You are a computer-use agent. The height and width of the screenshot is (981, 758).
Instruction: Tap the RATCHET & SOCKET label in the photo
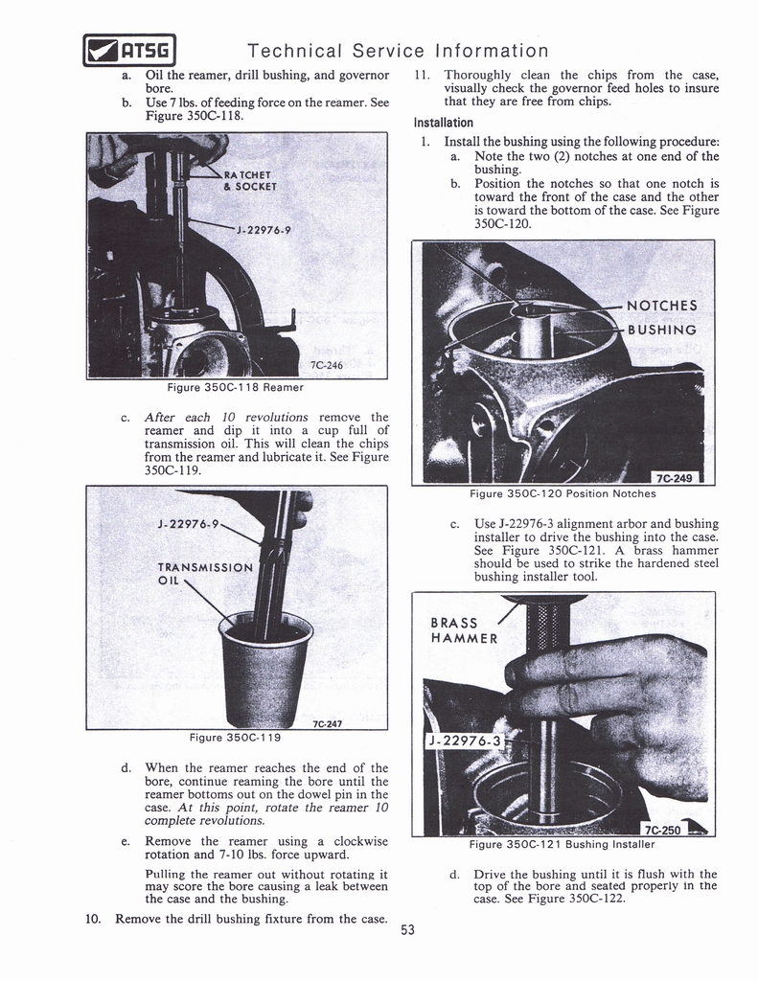pos(250,180)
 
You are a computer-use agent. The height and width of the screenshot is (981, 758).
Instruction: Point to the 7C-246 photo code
pos(327,365)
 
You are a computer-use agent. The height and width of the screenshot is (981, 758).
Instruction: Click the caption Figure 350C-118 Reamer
pos(235,387)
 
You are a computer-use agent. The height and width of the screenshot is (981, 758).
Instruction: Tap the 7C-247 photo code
pos(329,724)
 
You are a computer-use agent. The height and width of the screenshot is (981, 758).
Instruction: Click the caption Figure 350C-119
pos(235,738)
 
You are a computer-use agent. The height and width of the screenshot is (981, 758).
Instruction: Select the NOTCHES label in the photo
pos(661,307)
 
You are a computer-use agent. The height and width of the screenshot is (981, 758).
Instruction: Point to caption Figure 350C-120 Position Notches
pos(563,493)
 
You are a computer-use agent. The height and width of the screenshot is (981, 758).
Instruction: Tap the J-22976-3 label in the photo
pos(465,741)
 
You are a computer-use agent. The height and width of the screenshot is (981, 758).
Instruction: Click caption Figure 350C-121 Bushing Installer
pos(562,845)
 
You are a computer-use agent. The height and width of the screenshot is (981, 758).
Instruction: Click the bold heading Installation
pos(444,123)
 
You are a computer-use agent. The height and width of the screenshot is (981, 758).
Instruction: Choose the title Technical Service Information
pos(398,50)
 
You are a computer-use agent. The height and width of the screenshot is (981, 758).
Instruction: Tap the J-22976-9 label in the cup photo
pos(189,524)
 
